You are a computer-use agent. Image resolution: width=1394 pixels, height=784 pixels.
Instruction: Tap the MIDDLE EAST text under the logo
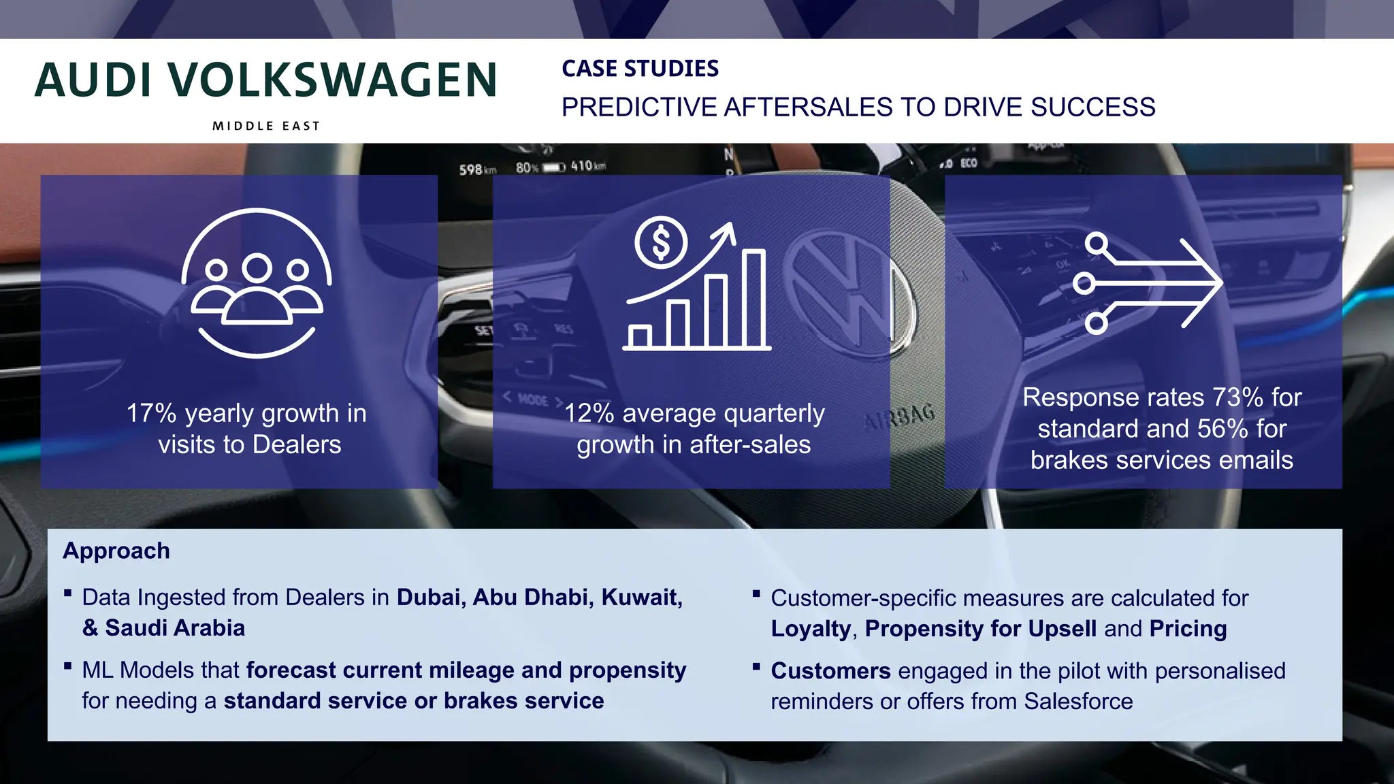(x=266, y=126)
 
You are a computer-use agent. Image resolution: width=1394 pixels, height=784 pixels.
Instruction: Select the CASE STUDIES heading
(x=640, y=69)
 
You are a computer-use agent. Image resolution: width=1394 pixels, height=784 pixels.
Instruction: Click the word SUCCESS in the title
(x=1092, y=108)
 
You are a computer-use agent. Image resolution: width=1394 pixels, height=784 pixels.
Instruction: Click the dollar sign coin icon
(x=661, y=243)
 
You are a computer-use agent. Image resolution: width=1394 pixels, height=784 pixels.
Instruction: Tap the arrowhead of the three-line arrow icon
(x=1205, y=282)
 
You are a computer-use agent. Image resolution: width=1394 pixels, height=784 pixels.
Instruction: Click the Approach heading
(x=116, y=551)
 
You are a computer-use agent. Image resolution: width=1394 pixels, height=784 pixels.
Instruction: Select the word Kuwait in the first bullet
(x=642, y=598)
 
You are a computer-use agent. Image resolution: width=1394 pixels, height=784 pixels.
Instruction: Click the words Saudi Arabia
(x=175, y=628)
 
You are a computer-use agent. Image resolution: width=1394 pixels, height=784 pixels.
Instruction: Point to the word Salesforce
(x=1078, y=702)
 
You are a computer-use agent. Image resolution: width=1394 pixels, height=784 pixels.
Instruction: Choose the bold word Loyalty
(x=811, y=629)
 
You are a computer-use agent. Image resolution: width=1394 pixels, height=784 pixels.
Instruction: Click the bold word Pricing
(x=1188, y=629)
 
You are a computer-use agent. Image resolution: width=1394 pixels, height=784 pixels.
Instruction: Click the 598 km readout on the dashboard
(x=477, y=169)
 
